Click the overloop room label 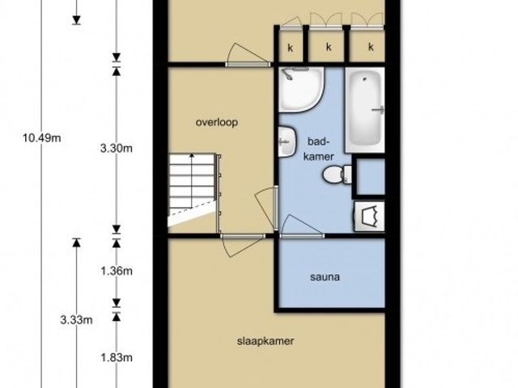click(217, 122)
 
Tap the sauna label click(325, 276)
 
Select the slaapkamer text click(265, 341)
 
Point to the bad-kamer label click(319, 149)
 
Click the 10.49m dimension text click(41, 138)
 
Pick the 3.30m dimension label click(117, 149)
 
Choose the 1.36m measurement click(117, 272)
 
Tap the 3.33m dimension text click(76, 320)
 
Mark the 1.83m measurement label click(117, 357)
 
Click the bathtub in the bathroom click(365, 110)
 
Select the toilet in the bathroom click(338, 174)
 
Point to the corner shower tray click(301, 90)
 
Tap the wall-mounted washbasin click(287, 141)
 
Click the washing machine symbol click(370, 217)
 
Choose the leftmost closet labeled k click(291, 46)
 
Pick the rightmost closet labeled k click(367, 46)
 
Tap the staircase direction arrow click(192, 180)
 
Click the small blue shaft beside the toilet click(371, 176)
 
